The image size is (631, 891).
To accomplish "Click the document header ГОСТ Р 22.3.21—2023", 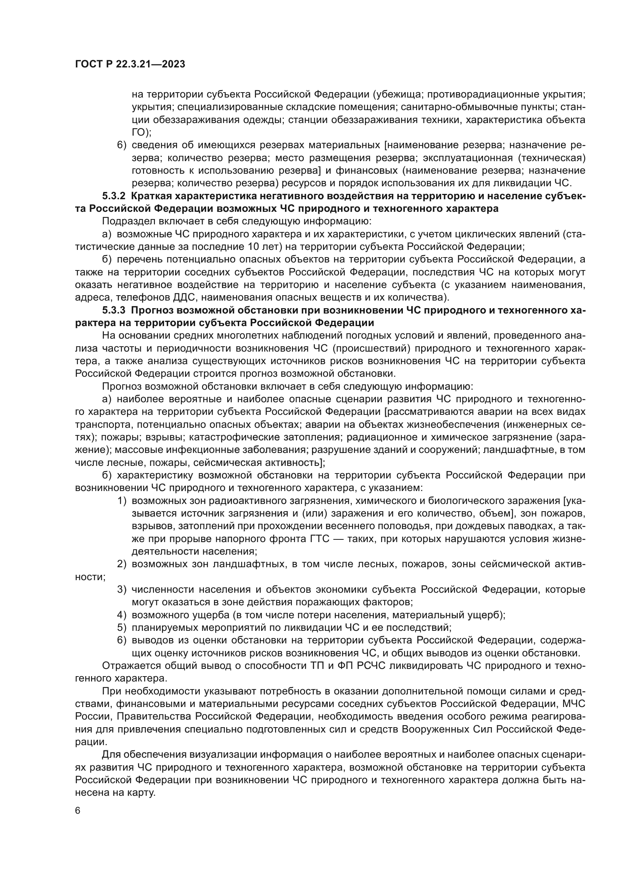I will (x=130, y=64).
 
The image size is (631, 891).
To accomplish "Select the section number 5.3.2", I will (x=114, y=196).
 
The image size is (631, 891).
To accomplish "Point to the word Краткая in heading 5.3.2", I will (x=152, y=196).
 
